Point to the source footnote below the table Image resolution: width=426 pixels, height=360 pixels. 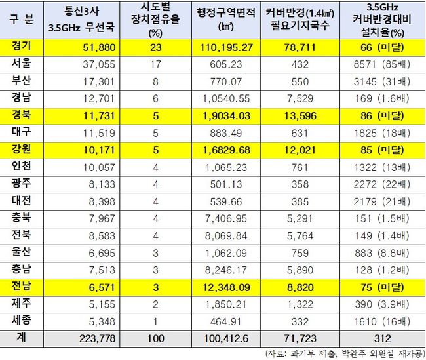coord(341,352)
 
